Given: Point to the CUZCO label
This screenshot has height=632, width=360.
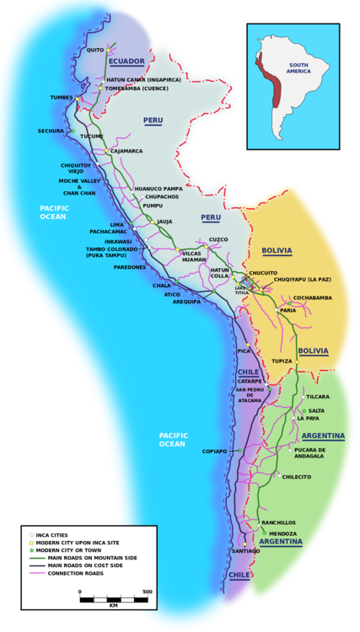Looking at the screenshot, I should (218, 239).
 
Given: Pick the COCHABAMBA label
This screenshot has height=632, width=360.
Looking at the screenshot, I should (312, 297).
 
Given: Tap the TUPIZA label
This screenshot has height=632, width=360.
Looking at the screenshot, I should (282, 361).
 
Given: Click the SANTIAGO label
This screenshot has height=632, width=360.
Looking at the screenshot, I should (244, 550).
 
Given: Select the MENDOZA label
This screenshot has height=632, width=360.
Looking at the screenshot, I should (283, 533).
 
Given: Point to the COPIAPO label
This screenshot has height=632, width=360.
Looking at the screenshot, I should (215, 451).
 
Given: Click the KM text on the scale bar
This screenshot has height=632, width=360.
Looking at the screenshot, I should (113, 605).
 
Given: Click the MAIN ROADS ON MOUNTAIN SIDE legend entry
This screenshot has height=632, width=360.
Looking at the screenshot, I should (92, 558).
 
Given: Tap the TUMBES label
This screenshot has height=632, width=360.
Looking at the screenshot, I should (62, 98).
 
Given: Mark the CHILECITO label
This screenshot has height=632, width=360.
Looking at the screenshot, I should (320, 476).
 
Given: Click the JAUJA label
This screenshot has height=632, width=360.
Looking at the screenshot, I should (164, 222).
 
